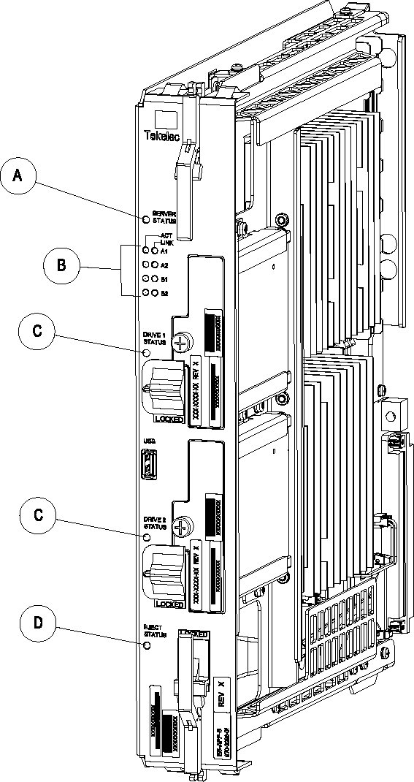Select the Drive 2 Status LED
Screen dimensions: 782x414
click(146, 538)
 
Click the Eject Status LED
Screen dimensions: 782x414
click(146, 645)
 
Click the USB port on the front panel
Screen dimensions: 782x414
click(146, 464)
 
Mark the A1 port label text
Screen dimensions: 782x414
click(164, 251)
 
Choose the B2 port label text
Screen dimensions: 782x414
click(164, 293)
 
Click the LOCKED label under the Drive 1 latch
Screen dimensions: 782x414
click(168, 420)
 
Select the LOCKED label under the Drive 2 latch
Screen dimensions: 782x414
click(168, 604)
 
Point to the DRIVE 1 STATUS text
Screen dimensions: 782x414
click(155, 338)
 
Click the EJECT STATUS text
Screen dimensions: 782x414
click(155, 630)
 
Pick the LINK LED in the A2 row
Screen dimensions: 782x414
click(154, 265)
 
